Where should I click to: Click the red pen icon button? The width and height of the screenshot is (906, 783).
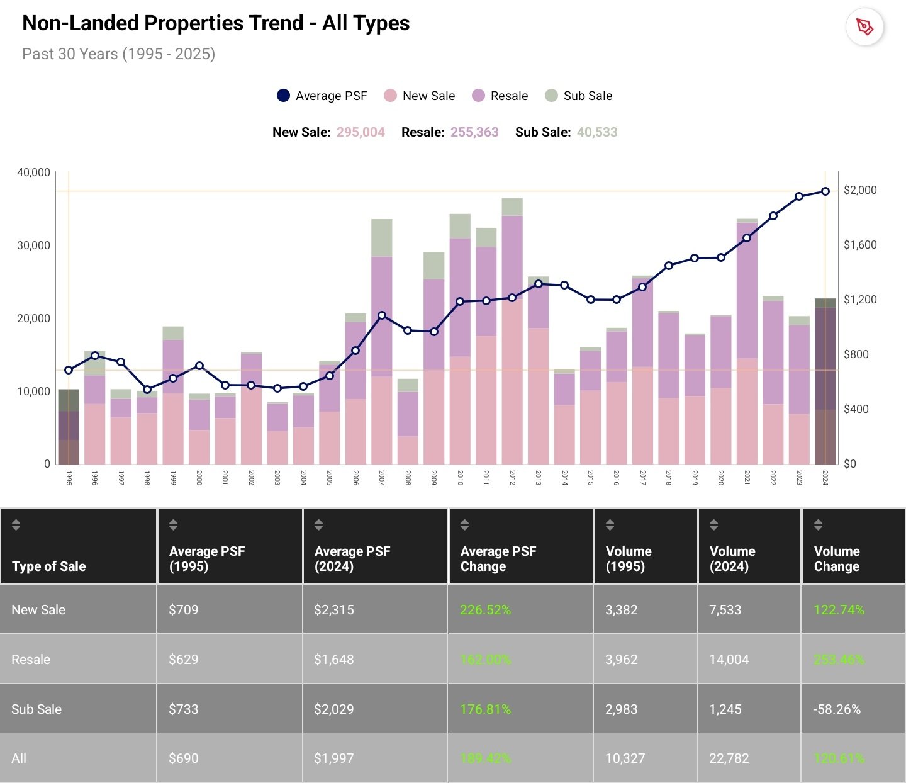(x=864, y=27)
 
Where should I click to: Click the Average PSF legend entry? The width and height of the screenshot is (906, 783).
(x=322, y=96)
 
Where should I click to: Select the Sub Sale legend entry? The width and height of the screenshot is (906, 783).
(x=578, y=96)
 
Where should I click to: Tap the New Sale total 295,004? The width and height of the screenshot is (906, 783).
(x=361, y=132)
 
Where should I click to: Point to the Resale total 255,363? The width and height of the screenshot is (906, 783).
(x=474, y=132)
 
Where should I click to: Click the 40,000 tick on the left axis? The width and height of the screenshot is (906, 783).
(x=33, y=172)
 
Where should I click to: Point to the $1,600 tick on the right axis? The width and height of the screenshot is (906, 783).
(x=860, y=245)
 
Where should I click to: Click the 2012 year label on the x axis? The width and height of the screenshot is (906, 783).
(x=512, y=478)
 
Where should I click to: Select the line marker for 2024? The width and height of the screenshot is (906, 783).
(x=825, y=191)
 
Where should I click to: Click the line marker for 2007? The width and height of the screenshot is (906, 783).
(x=382, y=315)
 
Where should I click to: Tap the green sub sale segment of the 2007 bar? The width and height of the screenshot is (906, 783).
(x=382, y=237)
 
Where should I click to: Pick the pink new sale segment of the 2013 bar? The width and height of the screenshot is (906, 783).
(x=538, y=397)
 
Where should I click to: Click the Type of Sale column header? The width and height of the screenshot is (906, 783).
(x=49, y=566)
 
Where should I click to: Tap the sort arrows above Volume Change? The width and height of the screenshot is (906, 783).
(x=818, y=524)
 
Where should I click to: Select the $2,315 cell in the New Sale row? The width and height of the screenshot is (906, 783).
(x=334, y=609)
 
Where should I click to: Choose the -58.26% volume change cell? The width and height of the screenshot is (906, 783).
(x=837, y=709)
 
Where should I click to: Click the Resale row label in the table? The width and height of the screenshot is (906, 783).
(x=31, y=659)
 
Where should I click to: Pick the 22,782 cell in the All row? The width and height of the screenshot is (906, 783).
(x=729, y=758)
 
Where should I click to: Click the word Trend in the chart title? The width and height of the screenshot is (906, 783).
(x=276, y=23)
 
